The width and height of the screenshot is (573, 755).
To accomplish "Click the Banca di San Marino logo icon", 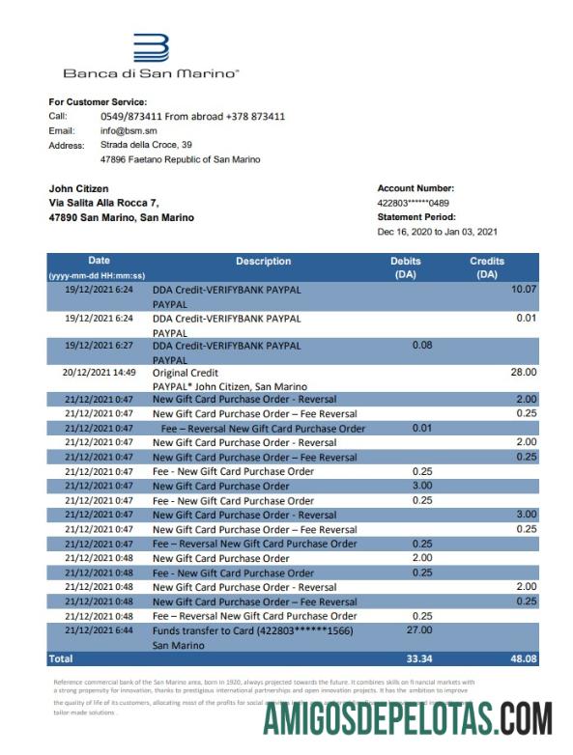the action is coord(151,48).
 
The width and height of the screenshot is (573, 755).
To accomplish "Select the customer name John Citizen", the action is coord(79,188).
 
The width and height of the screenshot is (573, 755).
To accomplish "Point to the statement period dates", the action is coord(437,232).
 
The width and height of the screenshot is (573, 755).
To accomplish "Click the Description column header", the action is coord(263,262).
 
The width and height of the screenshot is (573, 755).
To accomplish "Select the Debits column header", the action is coord(406,267).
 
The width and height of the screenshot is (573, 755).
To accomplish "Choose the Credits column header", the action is coord(487,267).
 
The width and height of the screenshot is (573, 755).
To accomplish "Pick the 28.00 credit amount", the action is coord(523,372).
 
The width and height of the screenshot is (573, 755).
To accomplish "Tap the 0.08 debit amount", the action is coord(421,345).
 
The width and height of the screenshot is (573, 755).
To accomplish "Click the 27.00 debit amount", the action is coord(419,630).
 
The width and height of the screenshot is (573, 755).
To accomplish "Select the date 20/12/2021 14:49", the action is coord(100,372).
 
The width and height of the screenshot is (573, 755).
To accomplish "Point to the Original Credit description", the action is coord(186,373).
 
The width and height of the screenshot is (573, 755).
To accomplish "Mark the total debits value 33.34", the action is coord(417,659).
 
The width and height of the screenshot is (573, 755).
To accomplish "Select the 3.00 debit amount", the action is coord(421,486).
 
